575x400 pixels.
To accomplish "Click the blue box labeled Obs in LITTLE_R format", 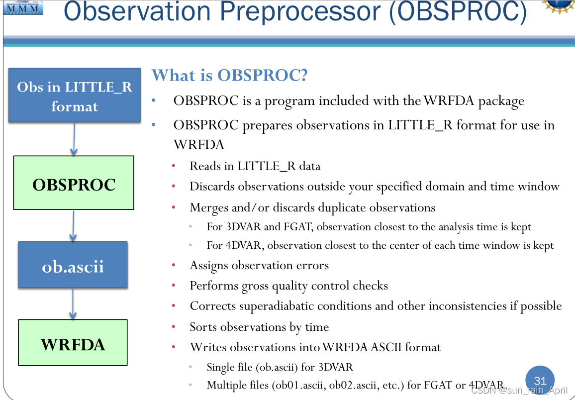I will point(74,96).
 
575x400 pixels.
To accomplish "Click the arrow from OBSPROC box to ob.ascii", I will point(74,225).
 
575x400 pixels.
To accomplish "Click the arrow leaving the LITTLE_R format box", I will point(74,139).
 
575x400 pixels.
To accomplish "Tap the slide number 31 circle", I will point(540,381).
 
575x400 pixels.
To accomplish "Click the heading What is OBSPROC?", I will point(230,76).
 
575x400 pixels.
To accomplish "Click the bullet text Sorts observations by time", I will point(259,327).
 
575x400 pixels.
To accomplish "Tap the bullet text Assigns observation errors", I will point(259,266).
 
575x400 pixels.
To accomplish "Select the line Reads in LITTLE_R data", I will point(255,166).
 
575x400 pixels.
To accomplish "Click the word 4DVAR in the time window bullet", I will point(243,245).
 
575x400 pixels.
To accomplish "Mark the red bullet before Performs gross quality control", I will point(174,286).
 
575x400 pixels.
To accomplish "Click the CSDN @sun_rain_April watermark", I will point(519,391).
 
